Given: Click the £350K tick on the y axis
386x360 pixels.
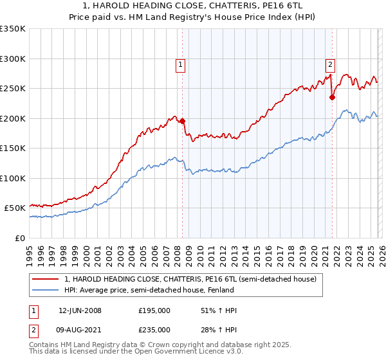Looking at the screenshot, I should (x=13, y=29).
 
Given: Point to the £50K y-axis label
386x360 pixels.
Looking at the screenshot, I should (x=15, y=208).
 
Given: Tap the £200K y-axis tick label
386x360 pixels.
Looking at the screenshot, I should (x=13, y=118).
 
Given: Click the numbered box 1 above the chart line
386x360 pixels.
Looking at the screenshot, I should (x=180, y=64).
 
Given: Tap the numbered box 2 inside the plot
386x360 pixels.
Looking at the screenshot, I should (x=330, y=64).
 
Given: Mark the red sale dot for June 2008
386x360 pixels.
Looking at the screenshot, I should (x=183, y=121).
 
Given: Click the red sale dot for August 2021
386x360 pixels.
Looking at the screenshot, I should (x=333, y=98).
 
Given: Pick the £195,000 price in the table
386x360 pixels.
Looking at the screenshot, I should (x=154, y=310).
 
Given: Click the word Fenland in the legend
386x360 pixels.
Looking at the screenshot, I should (x=220, y=291).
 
